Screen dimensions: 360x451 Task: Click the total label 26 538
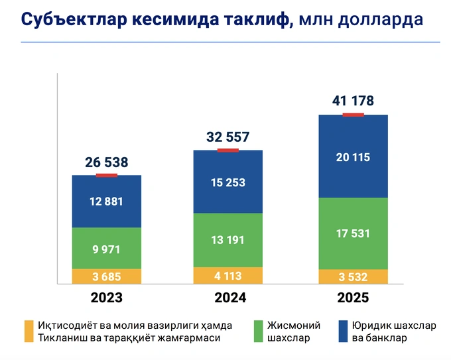tap(107, 162)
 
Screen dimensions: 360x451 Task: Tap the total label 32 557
tap(227, 137)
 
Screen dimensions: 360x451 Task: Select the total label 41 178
tap(353, 101)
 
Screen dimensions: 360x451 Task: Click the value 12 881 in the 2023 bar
tap(107, 202)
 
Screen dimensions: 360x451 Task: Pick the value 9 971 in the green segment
tap(107, 249)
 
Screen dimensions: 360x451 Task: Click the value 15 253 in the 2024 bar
tap(227, 182)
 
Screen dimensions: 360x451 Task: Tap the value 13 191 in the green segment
tap(227, 241)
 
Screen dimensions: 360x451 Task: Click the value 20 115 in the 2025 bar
tap(353, 157)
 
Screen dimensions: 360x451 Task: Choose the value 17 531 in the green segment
tap(353, 233)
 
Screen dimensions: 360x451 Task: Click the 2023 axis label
tap(107, 298)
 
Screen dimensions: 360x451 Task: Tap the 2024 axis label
tap(227, 298)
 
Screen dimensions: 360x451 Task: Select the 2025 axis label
tap(353, 298)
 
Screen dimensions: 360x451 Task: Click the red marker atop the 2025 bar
tap(353, 115)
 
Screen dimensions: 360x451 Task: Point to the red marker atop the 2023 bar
tap(107, 175)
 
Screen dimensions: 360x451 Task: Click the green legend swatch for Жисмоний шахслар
tap(259, 331)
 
